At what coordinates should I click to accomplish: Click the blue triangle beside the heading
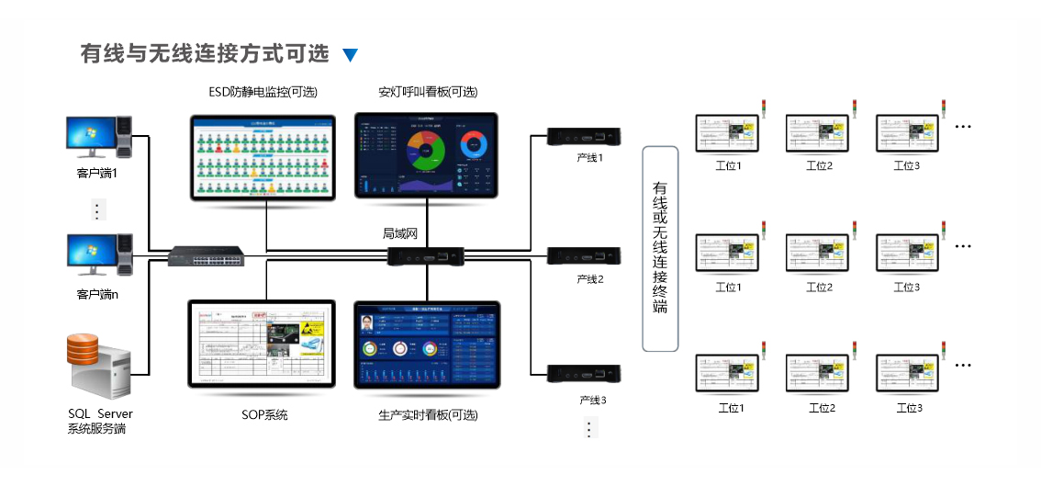point(350,55)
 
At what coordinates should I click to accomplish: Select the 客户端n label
point(98,295)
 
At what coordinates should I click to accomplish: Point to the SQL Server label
point(100,414)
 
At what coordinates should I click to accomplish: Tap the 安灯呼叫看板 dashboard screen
point(426,154)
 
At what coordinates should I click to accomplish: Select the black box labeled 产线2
point(585,255)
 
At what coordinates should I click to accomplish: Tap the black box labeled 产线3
point(585,373)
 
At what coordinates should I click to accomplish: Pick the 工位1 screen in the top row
point(728,134)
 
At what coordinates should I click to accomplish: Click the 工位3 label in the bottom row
point(907,408)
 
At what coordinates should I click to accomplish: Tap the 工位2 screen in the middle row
point(818,255)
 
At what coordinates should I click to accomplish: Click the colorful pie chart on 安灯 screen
point(426,150)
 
